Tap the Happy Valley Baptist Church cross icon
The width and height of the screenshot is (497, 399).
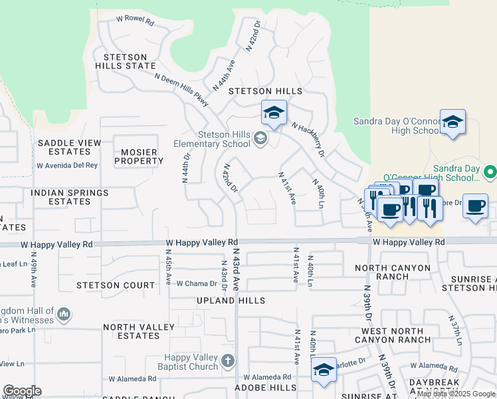coord(228,360)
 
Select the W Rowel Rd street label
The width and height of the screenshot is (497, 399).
coord(135,22)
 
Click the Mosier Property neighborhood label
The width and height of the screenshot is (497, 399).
coord(138,156)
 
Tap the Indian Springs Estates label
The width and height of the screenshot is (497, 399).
coord(69,197)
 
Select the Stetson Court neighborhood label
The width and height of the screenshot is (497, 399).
coord(116,285)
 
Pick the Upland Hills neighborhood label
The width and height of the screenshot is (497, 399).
coord(231,301)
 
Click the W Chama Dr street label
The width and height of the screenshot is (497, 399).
coord(197,284)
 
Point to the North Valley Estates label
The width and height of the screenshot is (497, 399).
coord(138,331)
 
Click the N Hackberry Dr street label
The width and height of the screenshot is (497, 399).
coord(307,140)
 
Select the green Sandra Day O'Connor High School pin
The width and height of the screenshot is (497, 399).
coord(490,172)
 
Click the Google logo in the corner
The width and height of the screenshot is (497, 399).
coord(22,391)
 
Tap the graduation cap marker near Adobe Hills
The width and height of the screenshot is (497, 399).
coord(324,370)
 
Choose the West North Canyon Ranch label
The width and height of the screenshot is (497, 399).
coord(396,335)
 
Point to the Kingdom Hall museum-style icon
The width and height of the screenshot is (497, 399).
coord(64,313)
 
